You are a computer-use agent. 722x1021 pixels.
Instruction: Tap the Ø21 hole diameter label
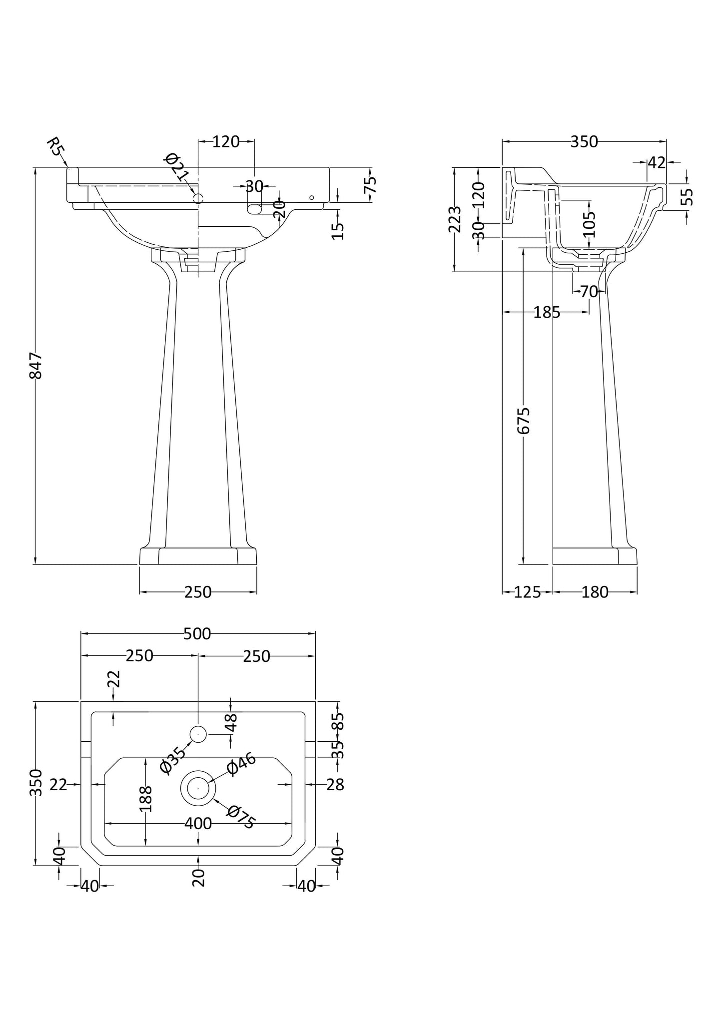point(176,167)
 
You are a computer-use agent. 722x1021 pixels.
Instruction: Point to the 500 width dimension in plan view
point(197,633)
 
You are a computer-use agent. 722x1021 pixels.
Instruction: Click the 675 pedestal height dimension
point(523,421)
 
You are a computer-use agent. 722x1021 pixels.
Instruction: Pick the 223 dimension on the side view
point(454,219)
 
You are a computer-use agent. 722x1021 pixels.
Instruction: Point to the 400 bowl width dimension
point(198,823)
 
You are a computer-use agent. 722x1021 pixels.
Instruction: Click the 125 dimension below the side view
point(527,592)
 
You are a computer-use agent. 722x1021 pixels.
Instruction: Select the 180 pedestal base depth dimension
point(595,592)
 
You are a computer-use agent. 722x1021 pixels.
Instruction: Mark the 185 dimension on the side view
point(547,313)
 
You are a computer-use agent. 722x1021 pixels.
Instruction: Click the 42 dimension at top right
point(657,162)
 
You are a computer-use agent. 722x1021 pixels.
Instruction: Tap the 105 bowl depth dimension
point(590,224)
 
